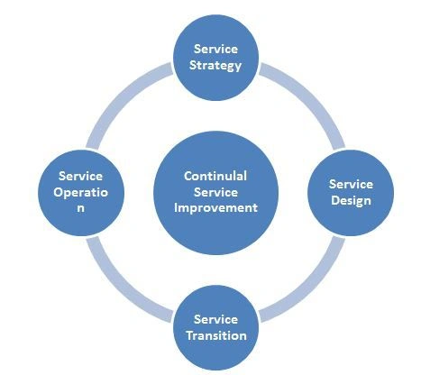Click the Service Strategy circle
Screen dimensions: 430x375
[x=215, y=58]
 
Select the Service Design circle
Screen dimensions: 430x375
[x=351, y=193]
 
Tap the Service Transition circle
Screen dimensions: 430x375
[x=215, y=328]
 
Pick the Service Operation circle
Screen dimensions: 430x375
[x=81, y=193]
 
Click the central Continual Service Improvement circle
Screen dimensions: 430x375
[x=215, y=193]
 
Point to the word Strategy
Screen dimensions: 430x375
[x=215, y=66]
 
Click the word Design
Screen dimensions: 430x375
[x=351, y=201]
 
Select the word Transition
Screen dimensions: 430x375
[x=216, y=335]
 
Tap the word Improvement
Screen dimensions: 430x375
[x=215, y=208]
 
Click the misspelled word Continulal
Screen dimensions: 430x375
[x=215, y=176]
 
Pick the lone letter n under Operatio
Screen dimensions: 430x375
[x=80, y=208]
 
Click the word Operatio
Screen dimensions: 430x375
[x=81, y=193]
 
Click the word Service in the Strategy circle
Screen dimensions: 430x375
[x=215, y=49]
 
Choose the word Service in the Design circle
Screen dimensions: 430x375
[x=351, y=184]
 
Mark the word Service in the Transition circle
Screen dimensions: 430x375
[x=215, y=319]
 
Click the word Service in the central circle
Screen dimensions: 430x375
[x=215, y=192]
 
